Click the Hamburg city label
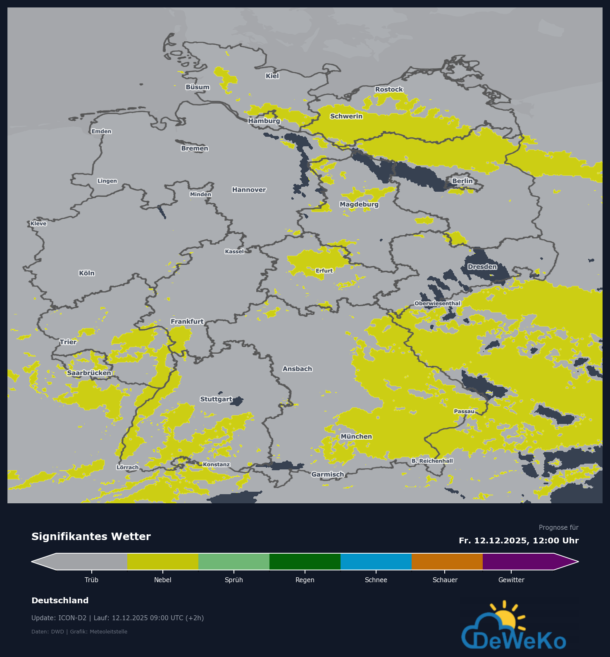coord(264,121)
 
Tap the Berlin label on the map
coord(462,181)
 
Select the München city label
coord(356,436)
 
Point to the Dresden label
coord(482,267)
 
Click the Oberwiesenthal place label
coord(437,303)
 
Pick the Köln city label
coord(87,273)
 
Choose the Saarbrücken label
coord(89,373)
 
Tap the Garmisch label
coord(328,474)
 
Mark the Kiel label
coord(272,76)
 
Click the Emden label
coord(101,131)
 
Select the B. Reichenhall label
coord(432,461)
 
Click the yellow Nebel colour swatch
coord(163,562)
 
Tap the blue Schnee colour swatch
coord(376,562)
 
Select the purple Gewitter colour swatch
coord(518,562)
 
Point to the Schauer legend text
coord(445,580)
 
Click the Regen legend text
coord(305,580)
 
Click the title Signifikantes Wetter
coord(91,537)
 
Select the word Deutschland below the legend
coord(60,600)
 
